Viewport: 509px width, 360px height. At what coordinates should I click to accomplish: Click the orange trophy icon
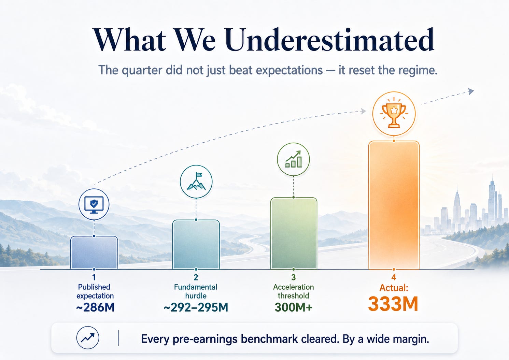tap(394, 114)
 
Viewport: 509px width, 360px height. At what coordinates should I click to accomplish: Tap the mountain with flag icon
tap(196, 182)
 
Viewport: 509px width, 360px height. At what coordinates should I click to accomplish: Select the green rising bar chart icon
tap(293, 159)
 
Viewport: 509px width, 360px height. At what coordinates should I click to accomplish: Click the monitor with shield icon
tap(94, 204)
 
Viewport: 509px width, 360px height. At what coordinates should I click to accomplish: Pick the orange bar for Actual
tap(394, 205)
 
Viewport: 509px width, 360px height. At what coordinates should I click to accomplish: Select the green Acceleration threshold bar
tap(294, 233)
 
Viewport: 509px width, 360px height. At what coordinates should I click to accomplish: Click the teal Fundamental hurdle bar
tap(196, 245)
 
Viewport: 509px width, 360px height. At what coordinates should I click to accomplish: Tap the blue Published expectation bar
tap(94, 253)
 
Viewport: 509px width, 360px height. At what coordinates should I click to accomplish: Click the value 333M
tap(393, 304)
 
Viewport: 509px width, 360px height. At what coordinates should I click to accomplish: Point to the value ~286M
tap(95, 307)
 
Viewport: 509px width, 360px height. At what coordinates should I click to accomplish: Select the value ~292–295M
tap(196, 307)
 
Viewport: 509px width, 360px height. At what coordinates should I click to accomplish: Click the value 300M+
tap(294, 307)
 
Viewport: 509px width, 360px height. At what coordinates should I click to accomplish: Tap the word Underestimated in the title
tap(330, 40)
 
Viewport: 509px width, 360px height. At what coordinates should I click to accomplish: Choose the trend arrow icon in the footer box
tap(88, 338)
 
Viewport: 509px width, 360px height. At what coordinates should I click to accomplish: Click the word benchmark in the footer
tap(269, 339)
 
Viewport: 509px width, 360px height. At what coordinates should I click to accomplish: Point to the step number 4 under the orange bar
tap(394, 277)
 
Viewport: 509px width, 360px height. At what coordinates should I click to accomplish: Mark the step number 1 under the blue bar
tap(94, 277)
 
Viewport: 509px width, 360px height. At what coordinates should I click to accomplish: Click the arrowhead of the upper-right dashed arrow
tap(471, 91)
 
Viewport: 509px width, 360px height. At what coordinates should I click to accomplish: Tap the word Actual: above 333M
tap(394, 288)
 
